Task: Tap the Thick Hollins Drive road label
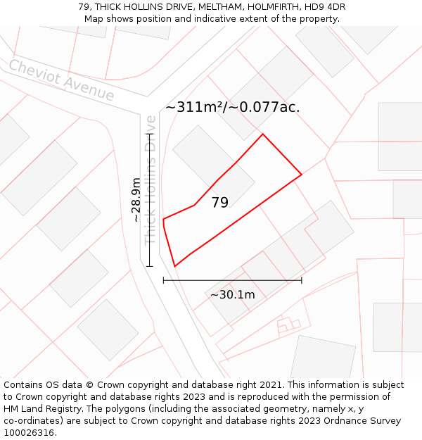tap(151, 180)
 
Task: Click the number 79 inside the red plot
tap(219, 203)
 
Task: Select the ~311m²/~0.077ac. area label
tap(232, 108)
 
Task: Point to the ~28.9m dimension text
tap(136, 200)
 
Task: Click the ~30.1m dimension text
tap(232, 294)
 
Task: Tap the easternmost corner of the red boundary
tap(302, 174)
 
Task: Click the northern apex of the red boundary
tap(263, 134)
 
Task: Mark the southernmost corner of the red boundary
tap(174, 266)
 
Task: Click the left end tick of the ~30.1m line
tap(163, 280)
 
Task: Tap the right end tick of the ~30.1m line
tap(302, 280)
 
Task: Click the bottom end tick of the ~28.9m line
tap(149, 266)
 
